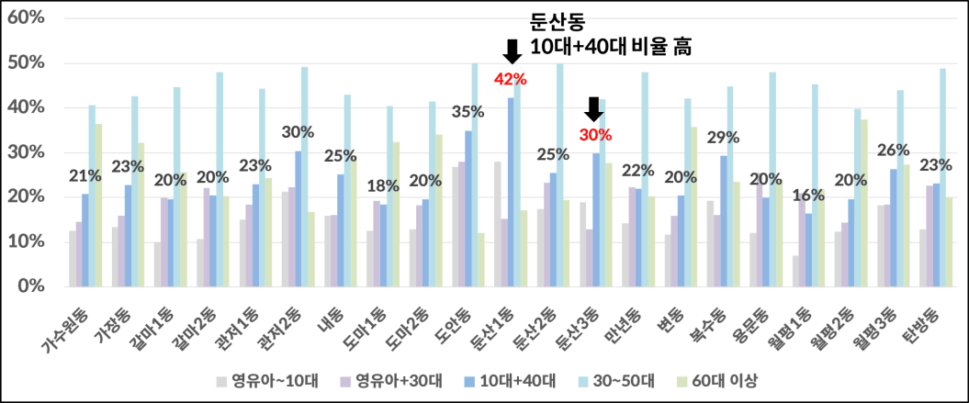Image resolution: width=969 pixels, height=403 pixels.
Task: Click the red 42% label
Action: tap(510, 79)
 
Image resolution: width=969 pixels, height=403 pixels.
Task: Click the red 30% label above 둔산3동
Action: tap(594, 135)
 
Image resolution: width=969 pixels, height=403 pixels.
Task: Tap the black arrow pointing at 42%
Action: tap(512, 51)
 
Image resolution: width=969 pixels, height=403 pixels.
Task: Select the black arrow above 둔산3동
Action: tap(593, 109)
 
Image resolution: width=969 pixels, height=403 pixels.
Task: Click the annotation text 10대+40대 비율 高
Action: tap(611, 46)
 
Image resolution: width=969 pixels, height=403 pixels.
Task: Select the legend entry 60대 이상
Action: tap(727, 379)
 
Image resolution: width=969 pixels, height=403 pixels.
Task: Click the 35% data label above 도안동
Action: tap(468, 112)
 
